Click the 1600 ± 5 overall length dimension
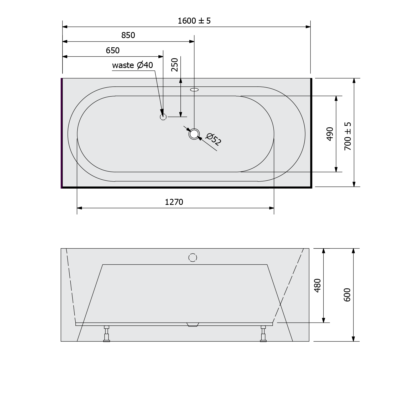coord(194,21)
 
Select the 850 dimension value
coord(128,35)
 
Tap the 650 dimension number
coord(113,50)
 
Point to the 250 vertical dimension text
coord(175,65)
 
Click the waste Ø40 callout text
coord(132,65)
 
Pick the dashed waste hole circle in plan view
coord(163,117)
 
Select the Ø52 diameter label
coord(214,139)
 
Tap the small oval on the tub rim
coord(194,90)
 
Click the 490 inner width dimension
coord(330,134)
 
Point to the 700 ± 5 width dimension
coord(348,136)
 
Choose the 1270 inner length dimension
coord(174,202)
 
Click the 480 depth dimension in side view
coord(318,286)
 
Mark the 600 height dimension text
coord(347,295)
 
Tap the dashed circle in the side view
coord(193,258)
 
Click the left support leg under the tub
coord(107,334)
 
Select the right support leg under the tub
coord(263,334)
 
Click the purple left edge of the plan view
coord(62,133)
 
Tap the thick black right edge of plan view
coord(312,133)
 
